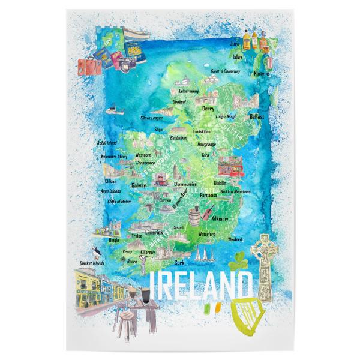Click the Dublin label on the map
pos(220,182)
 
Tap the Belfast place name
pos(256,116)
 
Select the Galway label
pos(138,186)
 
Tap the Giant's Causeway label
pos(226,71)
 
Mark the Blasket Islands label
pos(92,263)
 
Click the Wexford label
pos(235,239)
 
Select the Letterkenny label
pos(184,91)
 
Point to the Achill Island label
pos(107,143)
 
